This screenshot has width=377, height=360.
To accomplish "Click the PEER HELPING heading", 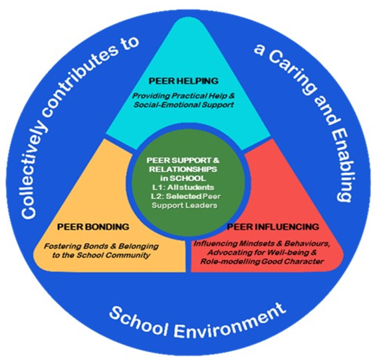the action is coord(184,81).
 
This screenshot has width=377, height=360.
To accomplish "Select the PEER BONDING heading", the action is coord(93,227).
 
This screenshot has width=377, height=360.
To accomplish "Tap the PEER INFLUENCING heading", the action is coord(273,227).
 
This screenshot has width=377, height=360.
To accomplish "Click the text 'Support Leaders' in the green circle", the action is coord(185,206).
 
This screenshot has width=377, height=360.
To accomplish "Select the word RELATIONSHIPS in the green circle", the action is coord(184,169).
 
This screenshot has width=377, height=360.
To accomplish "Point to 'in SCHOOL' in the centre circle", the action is coord(184,178).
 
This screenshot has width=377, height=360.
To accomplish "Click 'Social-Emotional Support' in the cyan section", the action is coord(184,105).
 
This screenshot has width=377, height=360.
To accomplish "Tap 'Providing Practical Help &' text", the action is coord(184,96).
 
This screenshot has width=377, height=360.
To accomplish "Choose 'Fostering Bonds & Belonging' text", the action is coord(101,246).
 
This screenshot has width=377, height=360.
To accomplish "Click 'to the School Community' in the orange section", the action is coord(101,255).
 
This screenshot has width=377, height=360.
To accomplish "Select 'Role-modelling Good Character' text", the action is coord(261,262).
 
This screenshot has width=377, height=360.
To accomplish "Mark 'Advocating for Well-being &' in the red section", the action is coord(261,253).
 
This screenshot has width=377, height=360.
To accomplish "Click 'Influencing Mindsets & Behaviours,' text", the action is coord(261,244).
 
